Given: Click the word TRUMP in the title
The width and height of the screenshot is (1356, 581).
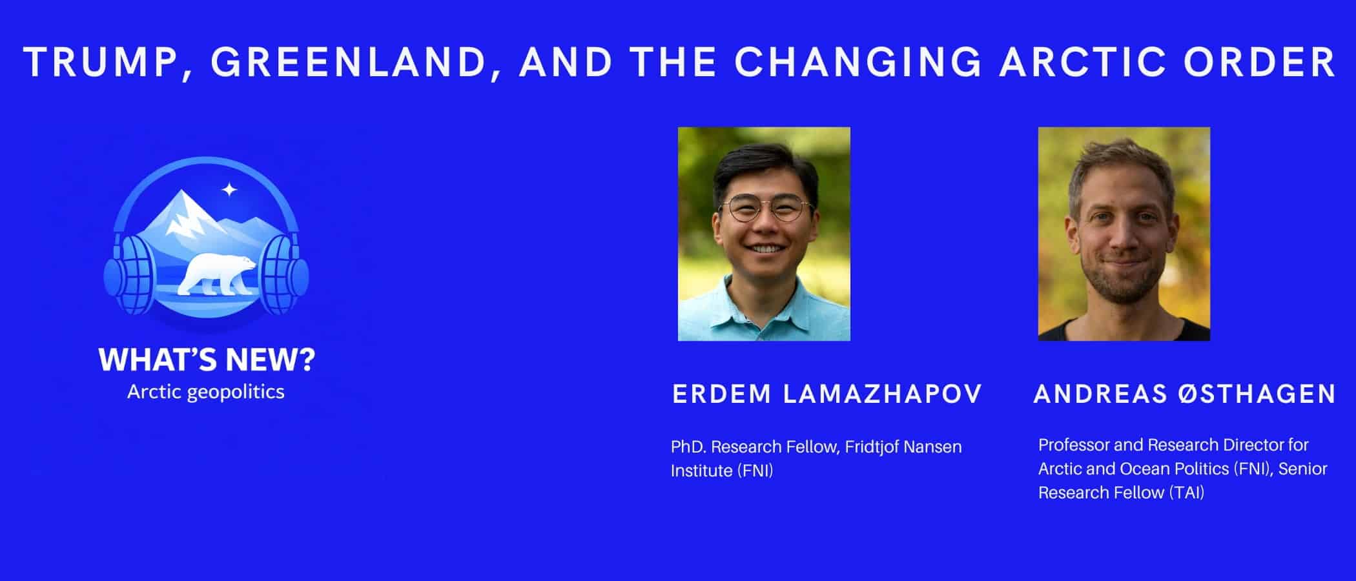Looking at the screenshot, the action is click(x=101, y=63).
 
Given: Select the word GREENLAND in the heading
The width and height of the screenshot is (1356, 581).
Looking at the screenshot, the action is click(x=348, y=63).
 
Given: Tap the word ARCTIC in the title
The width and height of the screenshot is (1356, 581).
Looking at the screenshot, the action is click(x=1083, y=62).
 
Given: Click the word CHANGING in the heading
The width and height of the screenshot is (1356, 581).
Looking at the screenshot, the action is click(x=858, y=62).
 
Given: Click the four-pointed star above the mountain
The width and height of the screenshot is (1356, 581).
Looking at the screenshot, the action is click(x=229, y=190).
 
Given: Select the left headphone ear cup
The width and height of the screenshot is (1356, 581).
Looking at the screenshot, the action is click(x=130, y=274).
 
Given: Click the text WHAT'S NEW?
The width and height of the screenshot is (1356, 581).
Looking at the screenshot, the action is click(x=207, y=360).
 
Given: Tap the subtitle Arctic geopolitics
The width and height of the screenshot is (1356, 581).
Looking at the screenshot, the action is click(x=206, y=392).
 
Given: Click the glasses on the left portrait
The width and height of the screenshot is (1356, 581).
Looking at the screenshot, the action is click(x=766, y=210).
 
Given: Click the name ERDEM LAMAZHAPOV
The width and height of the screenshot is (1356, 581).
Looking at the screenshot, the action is click(x=827, y=394).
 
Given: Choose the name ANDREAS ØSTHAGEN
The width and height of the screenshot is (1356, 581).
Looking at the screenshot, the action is click(x=1185, y=394).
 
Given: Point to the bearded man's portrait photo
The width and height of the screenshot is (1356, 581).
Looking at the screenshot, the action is click(x=1124, y=234).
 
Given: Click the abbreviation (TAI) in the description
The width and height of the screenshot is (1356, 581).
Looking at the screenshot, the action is click(x=1186, y=493).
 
